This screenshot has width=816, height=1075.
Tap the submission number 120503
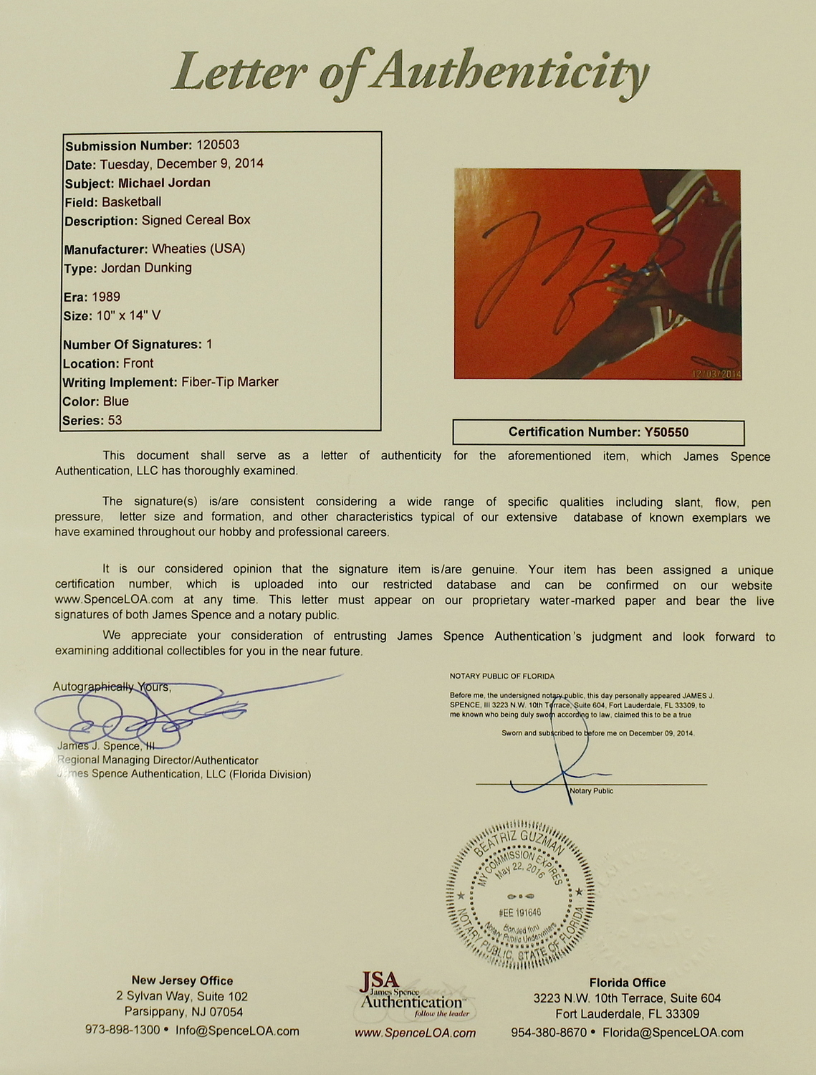217,145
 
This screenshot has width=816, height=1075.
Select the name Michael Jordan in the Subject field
164,183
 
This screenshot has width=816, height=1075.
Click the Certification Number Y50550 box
598,432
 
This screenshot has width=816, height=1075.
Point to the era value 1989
106,297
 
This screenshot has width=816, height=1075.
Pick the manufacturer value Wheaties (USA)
198,249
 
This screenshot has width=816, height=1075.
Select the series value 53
115,420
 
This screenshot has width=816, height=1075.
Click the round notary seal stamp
520,896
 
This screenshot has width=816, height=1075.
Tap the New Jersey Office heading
182,980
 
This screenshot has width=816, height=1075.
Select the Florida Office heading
627,983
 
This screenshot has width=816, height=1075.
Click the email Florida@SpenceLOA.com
673,1033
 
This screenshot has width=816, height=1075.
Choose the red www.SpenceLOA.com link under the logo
415,1033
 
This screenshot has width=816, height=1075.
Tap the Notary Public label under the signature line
591,791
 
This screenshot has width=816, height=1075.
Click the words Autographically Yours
112,687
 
